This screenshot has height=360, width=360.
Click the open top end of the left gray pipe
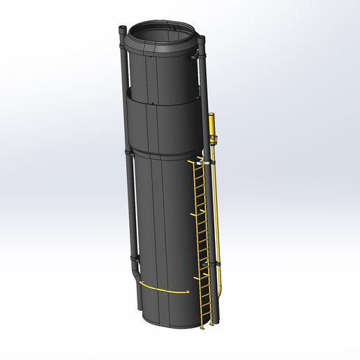point(123,29)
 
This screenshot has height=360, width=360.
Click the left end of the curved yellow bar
point(141,285)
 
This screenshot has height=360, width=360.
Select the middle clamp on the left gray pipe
point(128,151)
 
